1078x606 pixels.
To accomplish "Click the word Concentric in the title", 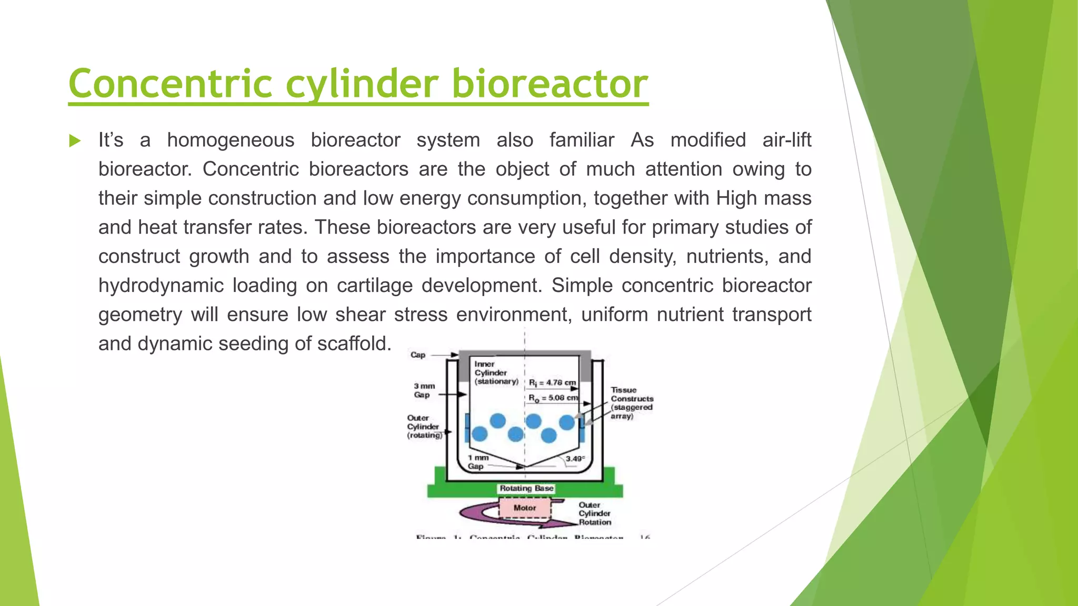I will coord(170,84).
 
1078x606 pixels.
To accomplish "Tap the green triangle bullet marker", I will coord(75,141).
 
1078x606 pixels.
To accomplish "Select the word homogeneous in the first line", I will coord(231,140).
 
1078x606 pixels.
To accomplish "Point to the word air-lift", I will coord(786,140).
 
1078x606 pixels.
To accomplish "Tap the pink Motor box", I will coord(525,508).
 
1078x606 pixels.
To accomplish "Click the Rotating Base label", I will coord(526,488).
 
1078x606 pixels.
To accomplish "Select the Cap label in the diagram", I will coord(418,355).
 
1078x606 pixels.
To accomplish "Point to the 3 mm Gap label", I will coord(424,390).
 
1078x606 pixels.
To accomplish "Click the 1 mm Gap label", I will coord(478,462).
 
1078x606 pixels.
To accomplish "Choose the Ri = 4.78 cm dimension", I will coord(552,382).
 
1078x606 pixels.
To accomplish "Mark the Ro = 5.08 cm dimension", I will coord(553,398).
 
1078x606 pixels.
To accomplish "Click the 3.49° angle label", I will coord(575,459).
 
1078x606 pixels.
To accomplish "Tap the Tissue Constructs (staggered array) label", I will coord(632,403).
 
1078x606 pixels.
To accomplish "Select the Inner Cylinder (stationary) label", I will coord(495,372).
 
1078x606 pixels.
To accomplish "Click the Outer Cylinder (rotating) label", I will coord(424,427).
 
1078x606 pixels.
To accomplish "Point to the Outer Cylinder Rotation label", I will coord(595,513).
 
